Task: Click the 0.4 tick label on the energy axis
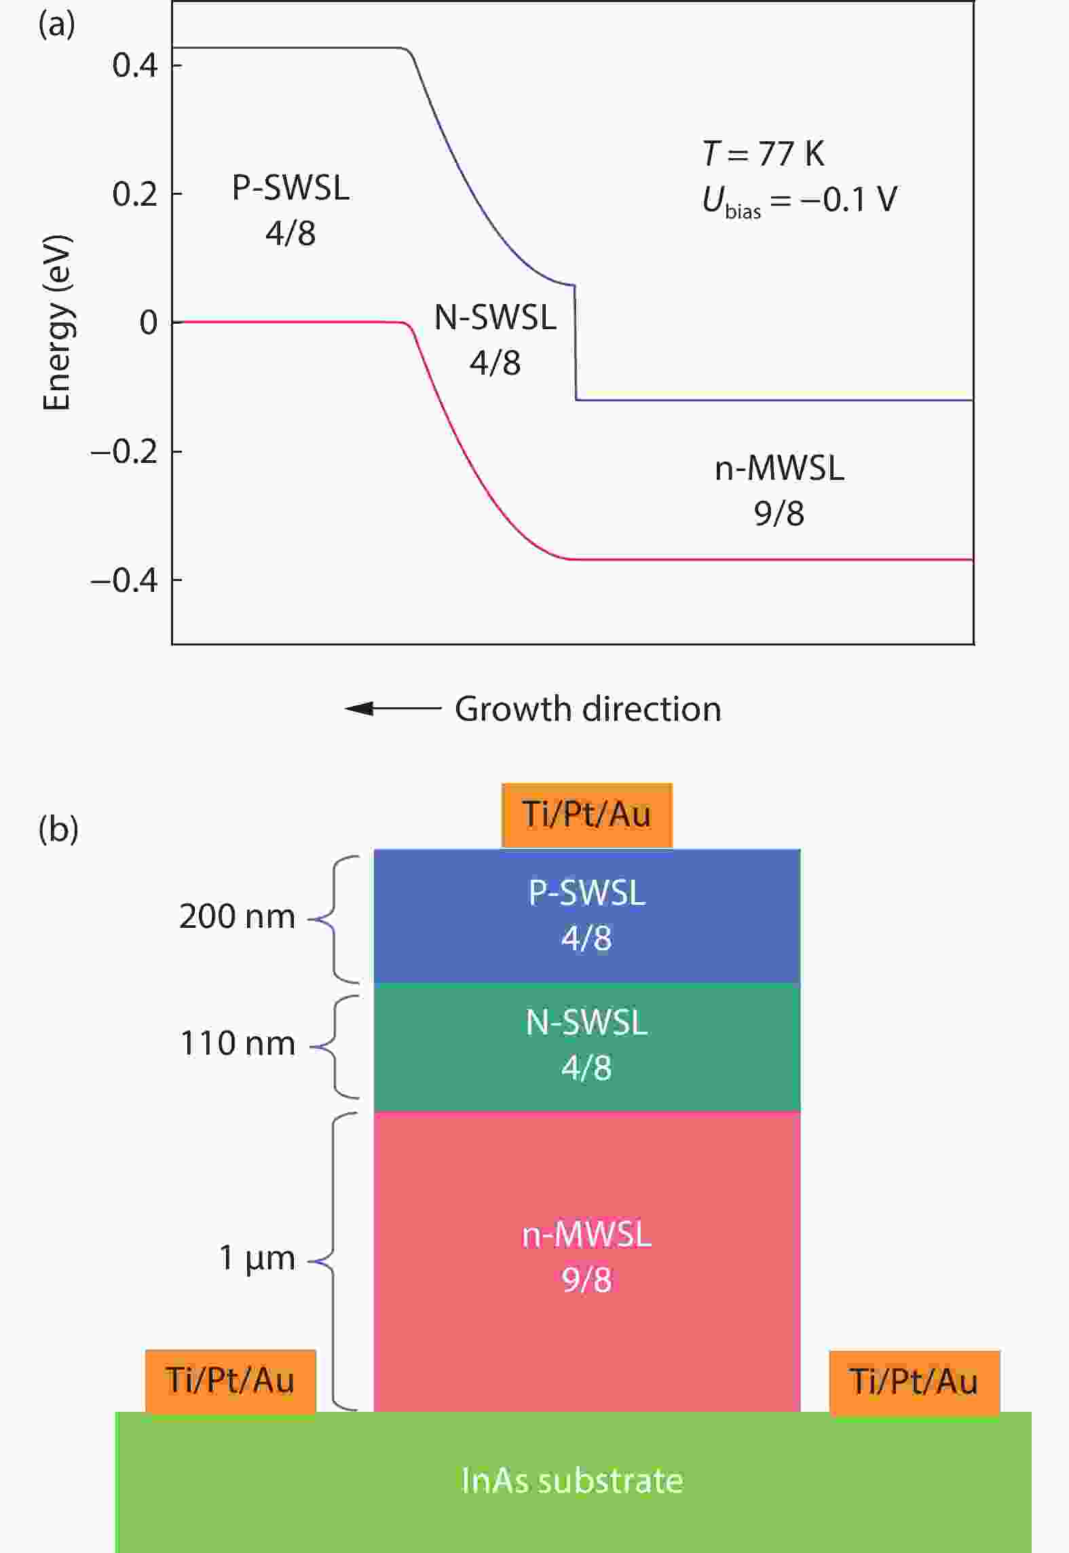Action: pos(134,66)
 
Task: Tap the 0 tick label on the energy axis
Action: pos(149,323)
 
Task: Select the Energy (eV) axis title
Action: pos(57,323)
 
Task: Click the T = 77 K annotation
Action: pos(763,153)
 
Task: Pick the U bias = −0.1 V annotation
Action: pos(799,201)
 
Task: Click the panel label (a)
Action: pos(57,25)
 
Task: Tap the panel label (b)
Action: pos(58,829)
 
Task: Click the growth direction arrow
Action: pos(393,709)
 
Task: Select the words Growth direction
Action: pos(588,709)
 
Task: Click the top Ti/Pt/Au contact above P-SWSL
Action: pos(586,815)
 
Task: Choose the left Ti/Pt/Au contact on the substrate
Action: pos(230,1381)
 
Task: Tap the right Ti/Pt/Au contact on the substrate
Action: pos(914,1382)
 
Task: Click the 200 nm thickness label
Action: pos(237,917)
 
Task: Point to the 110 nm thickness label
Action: pos(237,1044)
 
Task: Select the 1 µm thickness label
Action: pos(257,1258)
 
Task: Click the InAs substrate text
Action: pos(572,1481)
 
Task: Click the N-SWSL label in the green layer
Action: pos(586,1022)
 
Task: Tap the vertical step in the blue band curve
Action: pos(576,343)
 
